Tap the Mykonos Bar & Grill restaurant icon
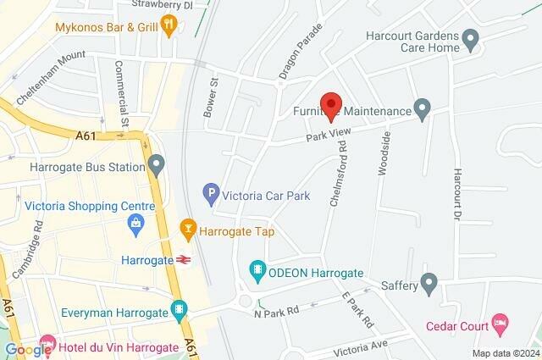pos(169,25)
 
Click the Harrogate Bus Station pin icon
pos(155,163)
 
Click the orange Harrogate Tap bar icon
pos(188,227)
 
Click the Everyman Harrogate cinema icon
pos(179,310)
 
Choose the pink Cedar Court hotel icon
pos(501,322)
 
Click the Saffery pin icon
pos(429,280)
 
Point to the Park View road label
pos(327,135)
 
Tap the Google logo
pos(27,349)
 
